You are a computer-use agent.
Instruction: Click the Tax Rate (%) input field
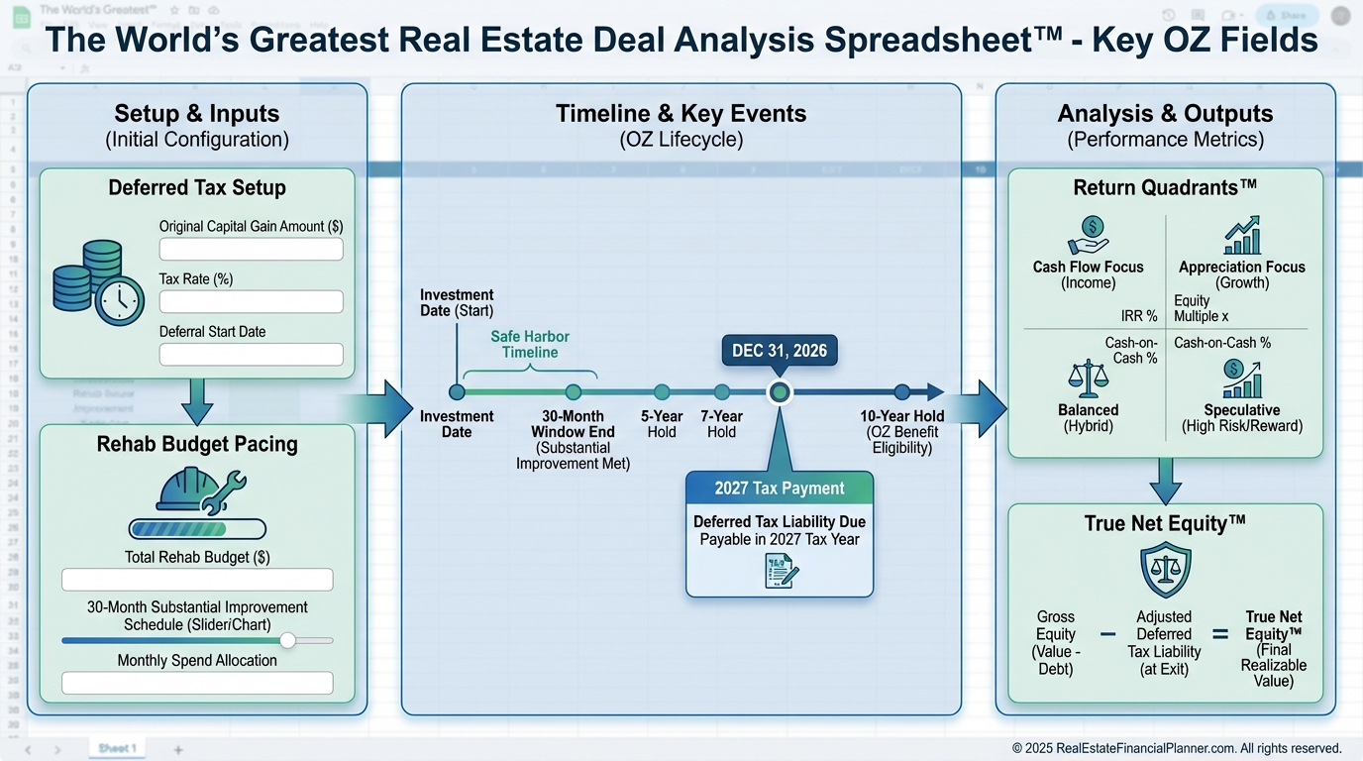(x=251, y=301)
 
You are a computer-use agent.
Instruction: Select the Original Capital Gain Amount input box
(x=251, y=249)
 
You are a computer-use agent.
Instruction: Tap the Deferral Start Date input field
(x=251, y=354)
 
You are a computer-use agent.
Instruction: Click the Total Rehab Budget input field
(x=197, y=580)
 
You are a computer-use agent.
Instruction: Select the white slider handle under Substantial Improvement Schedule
(x=287, y=640)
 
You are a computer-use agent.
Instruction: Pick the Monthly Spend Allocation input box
(x=197, y=683)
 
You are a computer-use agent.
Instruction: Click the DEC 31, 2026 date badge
(x=780, y=351)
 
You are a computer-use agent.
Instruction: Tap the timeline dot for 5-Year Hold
(x=662, y=392)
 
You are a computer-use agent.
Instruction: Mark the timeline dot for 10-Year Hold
(x=901, y=392)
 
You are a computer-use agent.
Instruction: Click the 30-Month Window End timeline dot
(x=573, y=392)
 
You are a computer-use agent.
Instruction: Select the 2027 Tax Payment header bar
(x=780, y=488)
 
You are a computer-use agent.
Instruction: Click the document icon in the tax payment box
(x=781, y=572)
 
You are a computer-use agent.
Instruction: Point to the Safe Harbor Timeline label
(x=530, y=344)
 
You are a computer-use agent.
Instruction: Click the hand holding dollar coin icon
(x=1089, y=236)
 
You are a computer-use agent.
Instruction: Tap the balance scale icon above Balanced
(x=1088, y=379)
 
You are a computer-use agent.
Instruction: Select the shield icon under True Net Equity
(x=1165, y=571)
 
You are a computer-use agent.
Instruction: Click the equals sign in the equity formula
(x=1220, y=635)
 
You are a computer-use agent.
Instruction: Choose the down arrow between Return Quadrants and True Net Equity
(x=1165, y=481)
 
